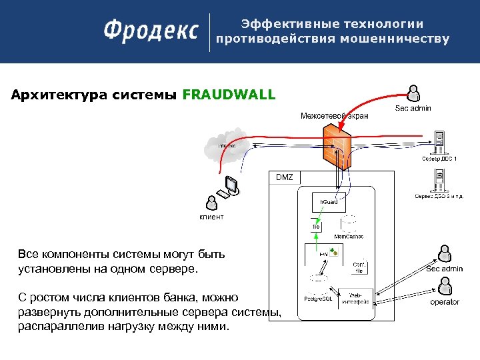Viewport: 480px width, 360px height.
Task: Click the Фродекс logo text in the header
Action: pyautogui.click(x=151, y=31)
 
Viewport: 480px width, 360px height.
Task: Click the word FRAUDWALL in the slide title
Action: pyautogui.click(x=229, y=95)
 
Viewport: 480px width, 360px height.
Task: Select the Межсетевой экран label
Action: pyautogui.click(x=334, y=116)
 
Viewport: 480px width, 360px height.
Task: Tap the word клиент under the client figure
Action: pyautogui.click(x=212, y=217)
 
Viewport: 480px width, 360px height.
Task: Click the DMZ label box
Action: pyautogui.click(x=284, y=177)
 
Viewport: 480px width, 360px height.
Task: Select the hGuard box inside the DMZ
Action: pyautogui.click(x=327, y=201)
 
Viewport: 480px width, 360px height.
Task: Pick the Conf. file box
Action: pyautogui.click(x=359, y=267)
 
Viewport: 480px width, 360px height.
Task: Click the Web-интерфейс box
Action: pyautogui.click(x=353, y=299)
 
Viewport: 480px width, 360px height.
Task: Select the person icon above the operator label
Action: pyautogui.click(x=444, y=285)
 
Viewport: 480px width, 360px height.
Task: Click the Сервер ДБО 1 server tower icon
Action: pyautogui.click(x=439, y=143)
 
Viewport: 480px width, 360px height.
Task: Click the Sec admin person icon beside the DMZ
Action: pyautogui.click(x=444, y=253)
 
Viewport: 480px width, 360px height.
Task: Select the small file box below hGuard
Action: pyautogui.click(x=317, y=226)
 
